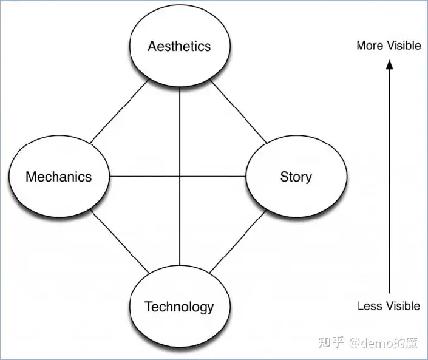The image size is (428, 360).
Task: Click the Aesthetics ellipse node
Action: (x=180, y=46)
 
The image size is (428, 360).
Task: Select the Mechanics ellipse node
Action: (x=59, y=177)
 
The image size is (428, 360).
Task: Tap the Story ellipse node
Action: (x=296, y=177)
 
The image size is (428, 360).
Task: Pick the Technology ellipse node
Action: (x=180, y=307)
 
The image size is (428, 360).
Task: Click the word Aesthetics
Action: (x=180, y=46)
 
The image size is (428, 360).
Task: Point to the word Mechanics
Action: (x=59, y=177)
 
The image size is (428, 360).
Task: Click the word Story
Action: (x=296, y=177)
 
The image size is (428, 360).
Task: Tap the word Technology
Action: (x=180, y=307)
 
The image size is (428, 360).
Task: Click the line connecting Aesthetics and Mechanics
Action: (x=119, y=112)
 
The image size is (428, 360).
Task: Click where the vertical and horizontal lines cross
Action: (x=180, y=177)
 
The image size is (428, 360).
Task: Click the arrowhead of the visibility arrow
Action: (x=389, y=66)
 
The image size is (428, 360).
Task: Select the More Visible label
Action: (x=389, y=46)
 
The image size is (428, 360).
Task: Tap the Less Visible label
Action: (x=389, y=305)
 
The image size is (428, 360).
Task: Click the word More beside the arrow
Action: (x=369, y=46)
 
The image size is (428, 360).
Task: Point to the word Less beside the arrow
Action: (x=369, y=305)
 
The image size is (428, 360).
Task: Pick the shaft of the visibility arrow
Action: (x=389, y=182)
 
